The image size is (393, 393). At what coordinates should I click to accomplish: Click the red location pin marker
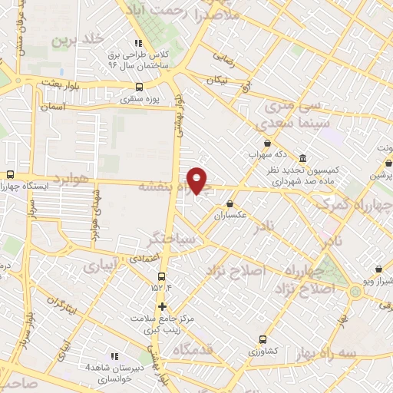coord(197,180)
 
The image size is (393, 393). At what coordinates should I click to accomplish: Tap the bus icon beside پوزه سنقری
coord(139,87)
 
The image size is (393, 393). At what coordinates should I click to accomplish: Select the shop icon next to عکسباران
coord(230,203)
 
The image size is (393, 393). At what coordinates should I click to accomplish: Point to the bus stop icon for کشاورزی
coord(263,339)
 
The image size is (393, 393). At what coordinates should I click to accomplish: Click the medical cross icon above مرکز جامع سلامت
coord(161,306)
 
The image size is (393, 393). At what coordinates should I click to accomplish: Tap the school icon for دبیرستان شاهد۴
coord(114,356)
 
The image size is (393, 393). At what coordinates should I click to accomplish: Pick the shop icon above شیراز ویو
coord(379,269)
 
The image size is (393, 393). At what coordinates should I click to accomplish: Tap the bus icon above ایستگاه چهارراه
coord(10,174)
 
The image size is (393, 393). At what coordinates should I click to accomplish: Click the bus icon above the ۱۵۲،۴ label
coord(161,276)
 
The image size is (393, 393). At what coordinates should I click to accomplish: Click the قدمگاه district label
coord(198,350)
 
